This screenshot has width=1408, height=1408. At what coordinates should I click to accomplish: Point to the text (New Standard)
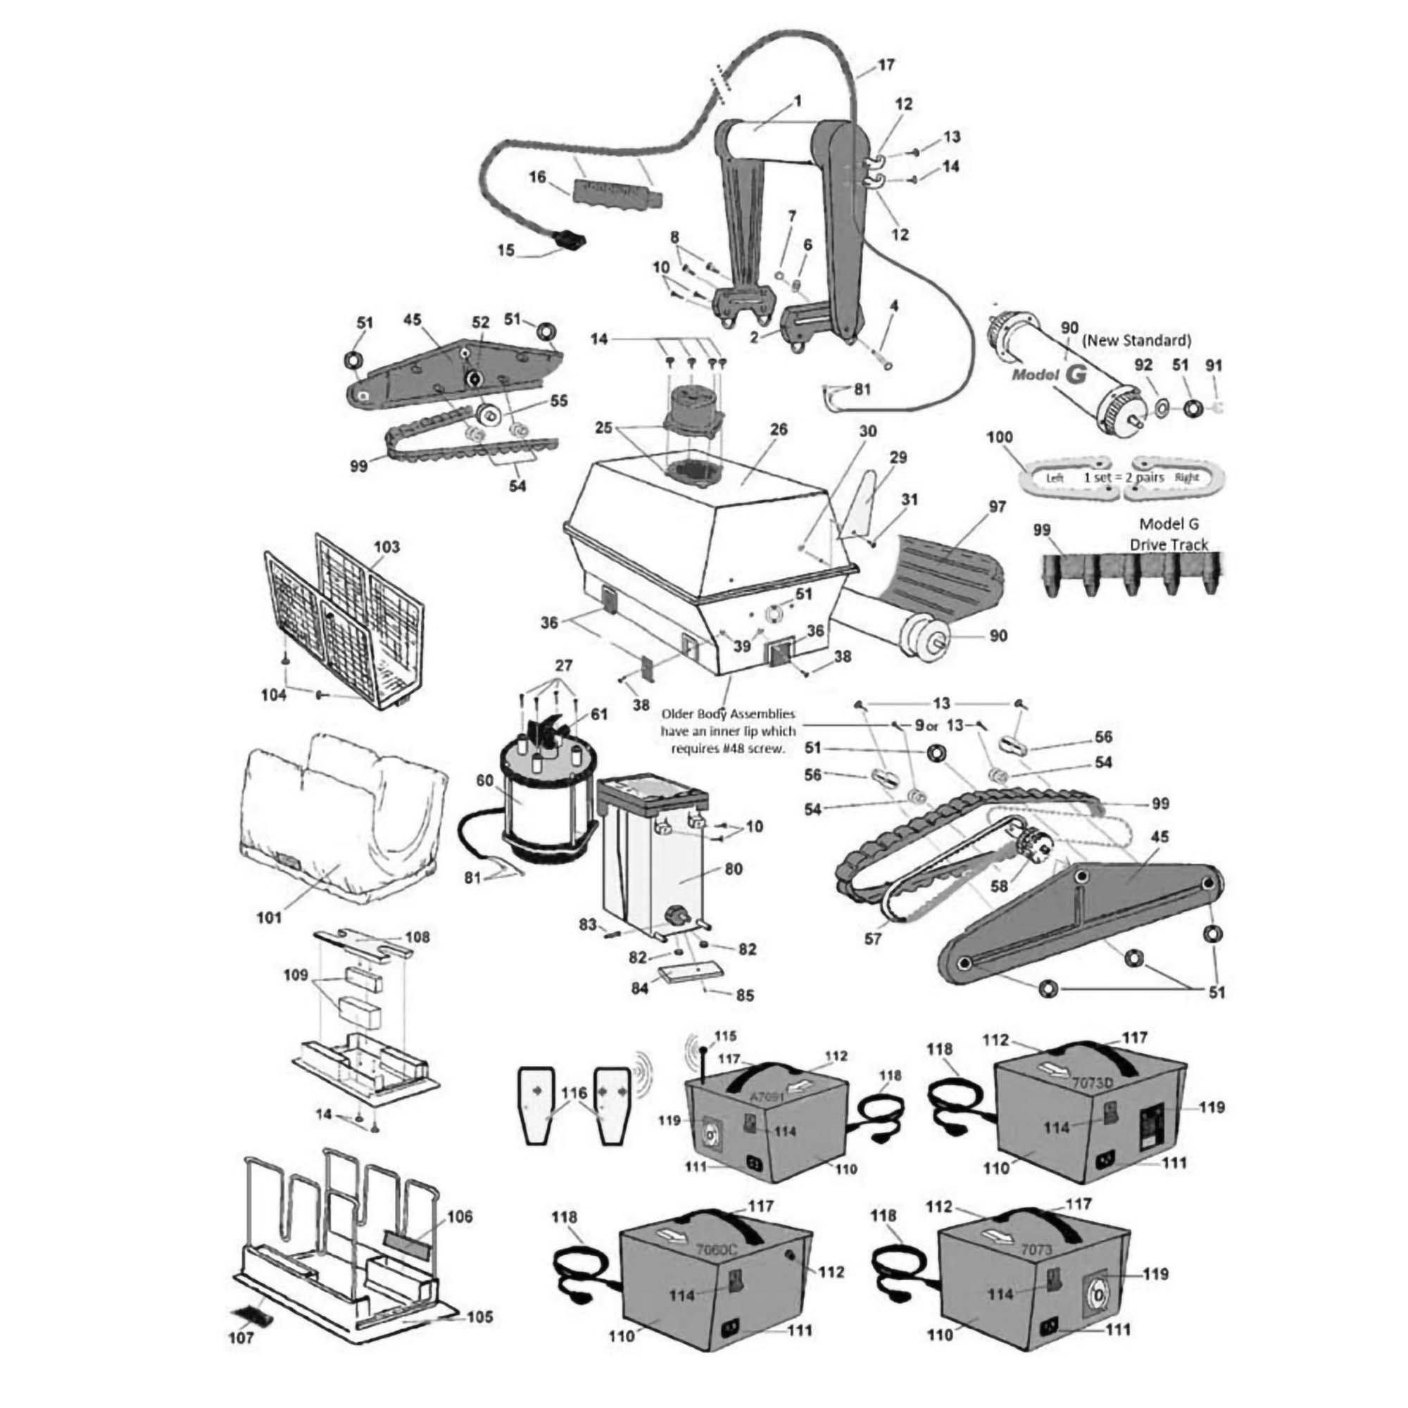(x=1137, y=339)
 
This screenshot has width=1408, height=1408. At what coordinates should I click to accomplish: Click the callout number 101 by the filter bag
(x=269, y=917)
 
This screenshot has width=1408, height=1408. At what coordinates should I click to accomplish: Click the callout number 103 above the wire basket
(x=386, y=546)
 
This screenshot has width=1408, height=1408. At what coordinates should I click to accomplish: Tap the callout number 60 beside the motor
(x=484, y=781)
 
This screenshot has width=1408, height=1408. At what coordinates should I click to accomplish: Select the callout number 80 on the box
(x=733, y=869)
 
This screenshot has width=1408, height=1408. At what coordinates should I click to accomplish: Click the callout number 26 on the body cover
(x=779, y=429)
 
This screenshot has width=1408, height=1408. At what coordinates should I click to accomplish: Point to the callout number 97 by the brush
(x=997, y=507)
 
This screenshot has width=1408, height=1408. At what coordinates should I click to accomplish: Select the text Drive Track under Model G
(x=1169, y=544)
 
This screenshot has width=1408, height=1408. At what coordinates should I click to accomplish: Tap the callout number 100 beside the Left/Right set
(x=999, y=439)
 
